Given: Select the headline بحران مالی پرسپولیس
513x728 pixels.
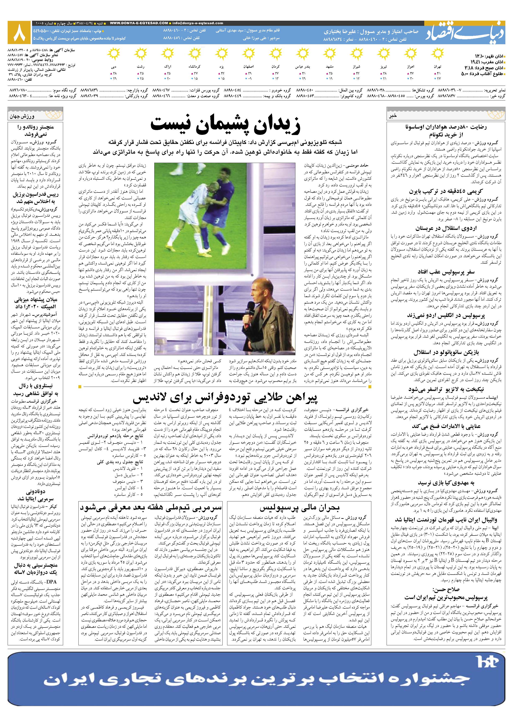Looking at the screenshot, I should [x=300, y=508].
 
